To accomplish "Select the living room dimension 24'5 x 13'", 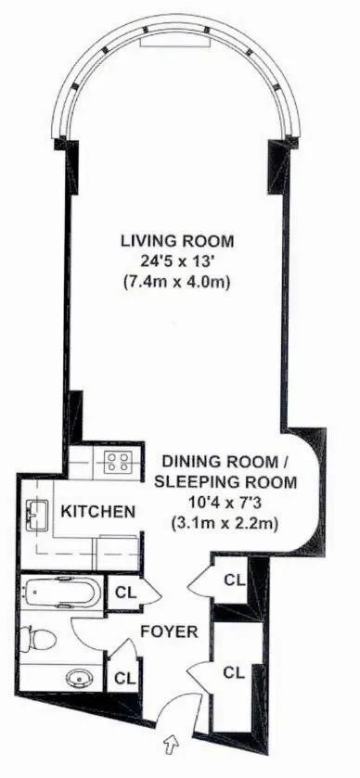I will coord(174,261).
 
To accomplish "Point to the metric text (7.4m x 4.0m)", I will coord(174,282).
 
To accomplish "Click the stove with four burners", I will coord(119,464).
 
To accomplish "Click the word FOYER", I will coord(169,632).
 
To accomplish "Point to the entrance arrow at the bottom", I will coord(169,742).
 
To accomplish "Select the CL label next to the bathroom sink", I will coord(124,677).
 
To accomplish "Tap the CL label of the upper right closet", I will coord(235,580).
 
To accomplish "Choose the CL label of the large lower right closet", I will coord(235,670).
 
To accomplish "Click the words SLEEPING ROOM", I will coord(225,482).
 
